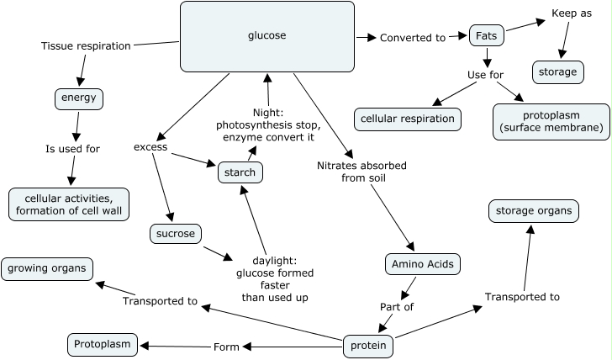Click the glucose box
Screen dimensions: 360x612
(x=266, y=36)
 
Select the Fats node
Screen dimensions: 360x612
(x=486, y=37)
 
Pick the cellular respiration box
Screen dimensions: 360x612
(x=408, y=119)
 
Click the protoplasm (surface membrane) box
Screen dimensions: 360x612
(x=551, y=121)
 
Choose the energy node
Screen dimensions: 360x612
(x=78, y=98)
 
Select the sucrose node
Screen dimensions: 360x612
(x=177, y=232)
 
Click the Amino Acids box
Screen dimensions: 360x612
(x=422, y=264)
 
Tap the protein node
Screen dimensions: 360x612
(x=368, y=346)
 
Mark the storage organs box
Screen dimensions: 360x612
(x=533, y=210)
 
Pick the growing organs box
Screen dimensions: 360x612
(x=47, y=269)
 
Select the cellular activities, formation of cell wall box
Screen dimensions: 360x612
(x=69, y=204)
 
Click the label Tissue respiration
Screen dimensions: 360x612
(x=86, y=45)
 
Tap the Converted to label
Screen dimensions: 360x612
(x=412, y=38)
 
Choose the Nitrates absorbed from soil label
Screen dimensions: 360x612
(x=362, y=172)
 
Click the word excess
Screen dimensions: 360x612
(x=150, y=147)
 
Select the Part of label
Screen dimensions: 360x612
(x=397, y=307)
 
